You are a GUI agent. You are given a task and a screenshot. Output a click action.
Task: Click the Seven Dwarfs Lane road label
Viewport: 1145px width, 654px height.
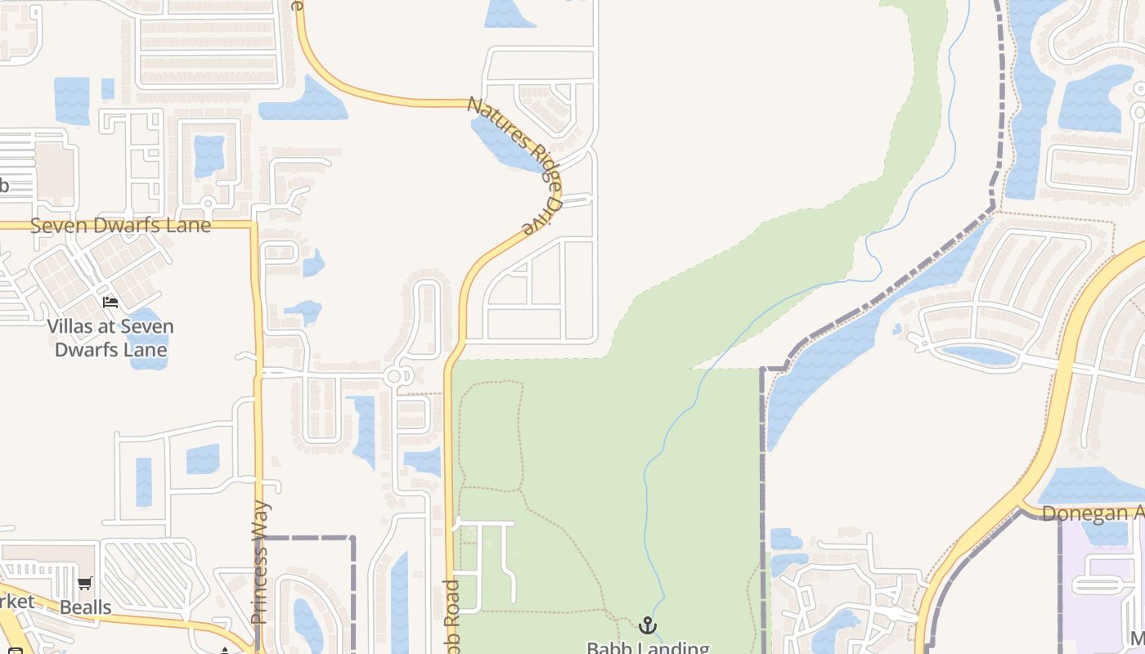[x=120, y=225]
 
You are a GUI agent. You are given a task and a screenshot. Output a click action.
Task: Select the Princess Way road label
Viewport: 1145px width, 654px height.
[x=260, y=562]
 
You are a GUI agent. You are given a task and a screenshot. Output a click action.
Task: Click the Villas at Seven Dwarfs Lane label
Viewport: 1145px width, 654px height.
[x=110, y=338]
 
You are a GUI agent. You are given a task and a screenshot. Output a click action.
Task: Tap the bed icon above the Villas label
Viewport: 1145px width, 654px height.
[x=110, y=302]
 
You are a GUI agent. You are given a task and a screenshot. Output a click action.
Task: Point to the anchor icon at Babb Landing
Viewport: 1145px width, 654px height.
[x=648, y=626]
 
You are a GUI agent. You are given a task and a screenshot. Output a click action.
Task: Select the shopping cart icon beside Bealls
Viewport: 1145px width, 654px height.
[x=85, y=584]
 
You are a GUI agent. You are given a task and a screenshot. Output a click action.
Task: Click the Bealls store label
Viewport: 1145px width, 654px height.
[x=85, y=607]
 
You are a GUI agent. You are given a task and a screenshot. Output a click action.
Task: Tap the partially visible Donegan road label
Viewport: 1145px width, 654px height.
[x=1093, y=513]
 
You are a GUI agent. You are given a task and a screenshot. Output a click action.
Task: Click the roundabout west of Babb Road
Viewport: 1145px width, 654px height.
[x=397, y=376]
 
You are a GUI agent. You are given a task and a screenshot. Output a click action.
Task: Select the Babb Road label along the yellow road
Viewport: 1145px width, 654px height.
[x=451, y=617]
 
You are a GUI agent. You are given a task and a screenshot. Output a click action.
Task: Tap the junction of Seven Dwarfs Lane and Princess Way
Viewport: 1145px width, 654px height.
[x=255, y=224]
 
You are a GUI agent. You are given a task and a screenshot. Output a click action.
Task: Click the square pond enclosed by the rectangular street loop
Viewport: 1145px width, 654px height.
[x=209, y=155]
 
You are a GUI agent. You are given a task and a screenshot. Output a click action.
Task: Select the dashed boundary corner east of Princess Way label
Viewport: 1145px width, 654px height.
[x=353, y=538]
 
